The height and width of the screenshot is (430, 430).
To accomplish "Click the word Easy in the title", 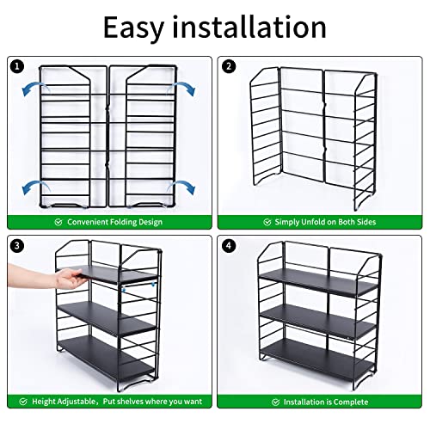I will click(138, 28).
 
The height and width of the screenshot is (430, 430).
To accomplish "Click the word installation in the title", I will click(249, 28).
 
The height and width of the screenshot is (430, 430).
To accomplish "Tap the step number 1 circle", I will click(16, 65).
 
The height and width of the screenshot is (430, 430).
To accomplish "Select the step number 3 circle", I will click(16, 245).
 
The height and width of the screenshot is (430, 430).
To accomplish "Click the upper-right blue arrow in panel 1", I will click(182, 86).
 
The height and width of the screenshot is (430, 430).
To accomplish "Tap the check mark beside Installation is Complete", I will click(277, 401).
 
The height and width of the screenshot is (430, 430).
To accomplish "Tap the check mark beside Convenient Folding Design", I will click(58, 221).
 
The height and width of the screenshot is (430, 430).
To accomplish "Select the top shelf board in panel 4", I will click(318, 279).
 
